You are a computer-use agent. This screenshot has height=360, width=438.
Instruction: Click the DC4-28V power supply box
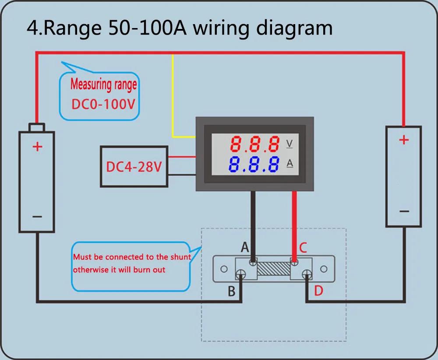[134, 167]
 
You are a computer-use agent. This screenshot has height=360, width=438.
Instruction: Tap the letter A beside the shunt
[245, 247]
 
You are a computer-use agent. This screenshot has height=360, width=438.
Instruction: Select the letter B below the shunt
[232, 291]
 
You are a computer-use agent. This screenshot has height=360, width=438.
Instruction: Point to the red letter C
[303, 248]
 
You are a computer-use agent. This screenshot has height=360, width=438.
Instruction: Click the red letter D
[318, 291]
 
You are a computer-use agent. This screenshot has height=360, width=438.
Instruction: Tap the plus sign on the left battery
[37, 146]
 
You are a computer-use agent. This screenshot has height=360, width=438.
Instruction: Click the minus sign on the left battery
[37, 217]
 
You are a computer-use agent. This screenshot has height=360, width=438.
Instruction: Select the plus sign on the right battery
[404, 139]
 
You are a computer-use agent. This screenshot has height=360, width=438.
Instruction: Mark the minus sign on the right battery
[404, 211]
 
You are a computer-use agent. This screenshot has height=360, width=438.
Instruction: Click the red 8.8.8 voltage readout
[255, 144]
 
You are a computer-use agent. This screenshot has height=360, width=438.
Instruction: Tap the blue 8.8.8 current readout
[254, 164]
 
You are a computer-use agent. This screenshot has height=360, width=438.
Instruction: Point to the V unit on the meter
[290, 144]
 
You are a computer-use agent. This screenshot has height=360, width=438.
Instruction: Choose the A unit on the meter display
[290, 163]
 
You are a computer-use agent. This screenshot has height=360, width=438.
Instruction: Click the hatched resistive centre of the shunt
[274, 268]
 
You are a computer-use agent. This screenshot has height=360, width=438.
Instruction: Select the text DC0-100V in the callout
[103, 104]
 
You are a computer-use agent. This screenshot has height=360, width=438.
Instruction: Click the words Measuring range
[104, 84]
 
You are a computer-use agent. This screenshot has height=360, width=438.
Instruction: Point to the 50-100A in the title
[148, 28]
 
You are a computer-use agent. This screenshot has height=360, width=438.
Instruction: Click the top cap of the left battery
[37, 127]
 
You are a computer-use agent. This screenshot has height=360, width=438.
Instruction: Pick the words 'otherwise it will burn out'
[119, 270]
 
